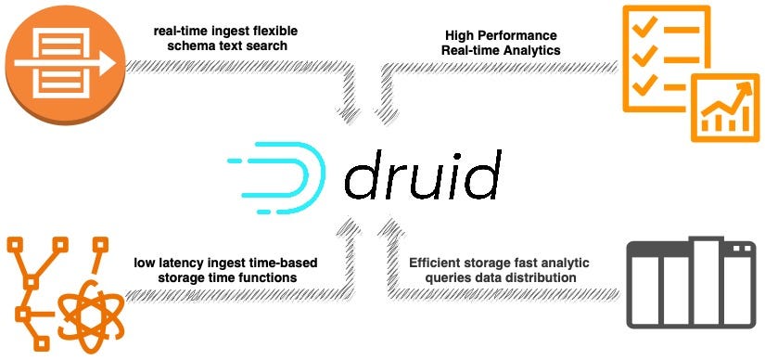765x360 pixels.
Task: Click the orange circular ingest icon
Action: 61,59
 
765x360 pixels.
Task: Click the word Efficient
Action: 439,263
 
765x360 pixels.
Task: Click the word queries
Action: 438,277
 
